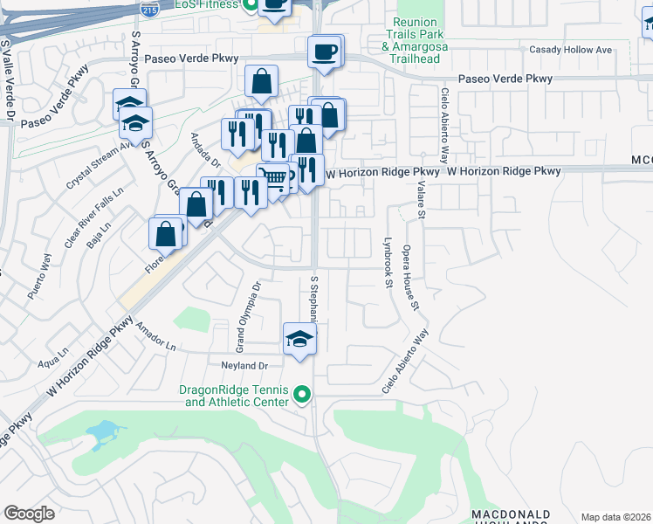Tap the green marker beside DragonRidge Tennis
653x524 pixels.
(x=302, y=396)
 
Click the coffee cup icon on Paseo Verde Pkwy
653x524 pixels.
(x=325, y=52)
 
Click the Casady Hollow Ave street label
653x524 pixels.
(x=580, y=50)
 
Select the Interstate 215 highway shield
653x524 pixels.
(x=148, y=10)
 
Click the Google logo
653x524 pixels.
(x=29, y=514)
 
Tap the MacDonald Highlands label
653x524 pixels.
(x=511, y=517)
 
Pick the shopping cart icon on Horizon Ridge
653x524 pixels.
(x=274, y=179)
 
